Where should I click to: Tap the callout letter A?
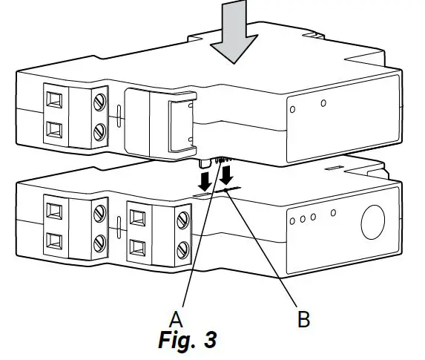(175, 319)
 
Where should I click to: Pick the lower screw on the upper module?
(99, 132)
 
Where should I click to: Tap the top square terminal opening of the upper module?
(53, 97)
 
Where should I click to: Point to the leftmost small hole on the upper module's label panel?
(291, 109)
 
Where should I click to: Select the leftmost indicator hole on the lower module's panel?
(293, 220)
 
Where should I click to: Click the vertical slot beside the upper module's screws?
(118, 115)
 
